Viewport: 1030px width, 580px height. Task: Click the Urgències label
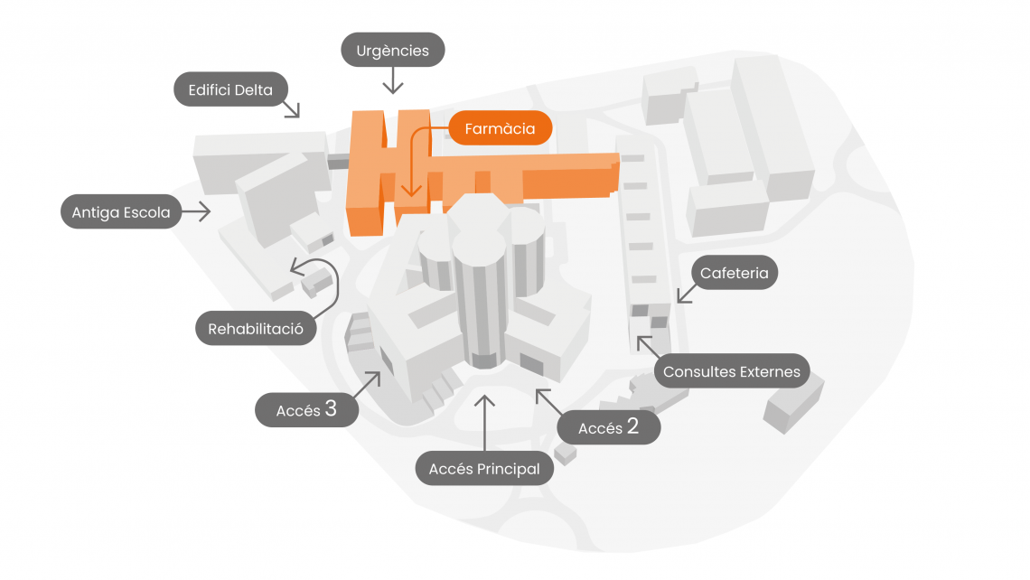click(x=393, y=50)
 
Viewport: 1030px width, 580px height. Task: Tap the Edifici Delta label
click(x=230, y=89)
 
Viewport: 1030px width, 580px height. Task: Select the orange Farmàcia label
click(x=500, y=128)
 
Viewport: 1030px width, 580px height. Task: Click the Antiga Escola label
click(x=121, y=211)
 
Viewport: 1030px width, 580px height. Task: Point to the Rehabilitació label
click(x=256, y=329)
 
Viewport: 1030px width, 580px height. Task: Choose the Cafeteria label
click(x=735, y=273)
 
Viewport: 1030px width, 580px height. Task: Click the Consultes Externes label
click(x=732, y=371)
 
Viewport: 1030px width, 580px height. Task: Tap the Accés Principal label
click(x=484, y=468)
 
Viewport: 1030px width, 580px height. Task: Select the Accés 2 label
click(x=608, y=427)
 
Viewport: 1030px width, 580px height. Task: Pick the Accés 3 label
click(x=307, y=410)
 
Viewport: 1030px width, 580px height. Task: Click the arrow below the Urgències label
click(x=393, y=80)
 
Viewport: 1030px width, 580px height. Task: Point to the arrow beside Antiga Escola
click(x=196, y=211)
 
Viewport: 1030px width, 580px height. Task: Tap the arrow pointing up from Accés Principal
click(x=484, y=423)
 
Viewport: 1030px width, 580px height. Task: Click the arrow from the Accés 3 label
click(x=367, y=385)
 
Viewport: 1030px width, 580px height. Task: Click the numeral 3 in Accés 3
click(x=331, y=408)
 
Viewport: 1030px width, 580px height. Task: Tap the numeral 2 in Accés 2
click(x=632, y=426)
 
